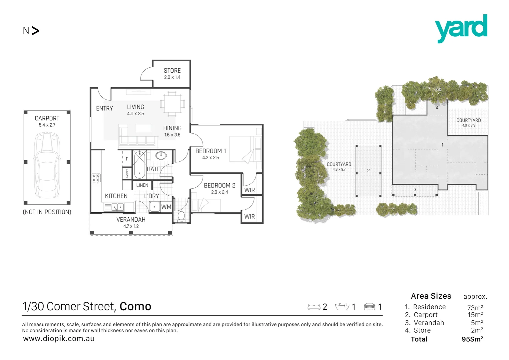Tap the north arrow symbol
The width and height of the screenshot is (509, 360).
point(35,31)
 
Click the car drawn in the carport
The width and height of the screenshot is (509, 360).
point(47,165)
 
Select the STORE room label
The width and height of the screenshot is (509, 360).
point(172,71)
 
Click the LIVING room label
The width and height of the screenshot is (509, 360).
point(135,107)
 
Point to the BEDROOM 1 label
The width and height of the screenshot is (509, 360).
point(211,151)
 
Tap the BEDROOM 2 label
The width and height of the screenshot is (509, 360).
point(220,185)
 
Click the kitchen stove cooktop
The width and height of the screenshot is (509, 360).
point(96,178)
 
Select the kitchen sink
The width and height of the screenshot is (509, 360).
point(114,207)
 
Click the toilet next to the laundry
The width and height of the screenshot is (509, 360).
point(182,215)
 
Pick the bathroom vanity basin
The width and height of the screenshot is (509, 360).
point(161,155)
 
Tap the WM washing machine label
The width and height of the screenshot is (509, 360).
point(166,207)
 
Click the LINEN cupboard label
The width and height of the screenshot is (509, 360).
point(142,185)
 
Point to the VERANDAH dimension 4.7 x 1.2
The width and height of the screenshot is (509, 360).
point(131,226)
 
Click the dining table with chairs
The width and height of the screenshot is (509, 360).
point(172,104)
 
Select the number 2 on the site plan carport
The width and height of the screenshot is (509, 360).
point(368,171)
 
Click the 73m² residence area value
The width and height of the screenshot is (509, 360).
point(475,308)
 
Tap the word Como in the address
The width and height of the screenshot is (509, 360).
point(135,306)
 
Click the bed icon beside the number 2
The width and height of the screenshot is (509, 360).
point(314,307)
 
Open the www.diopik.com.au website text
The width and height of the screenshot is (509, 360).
point(59,339)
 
